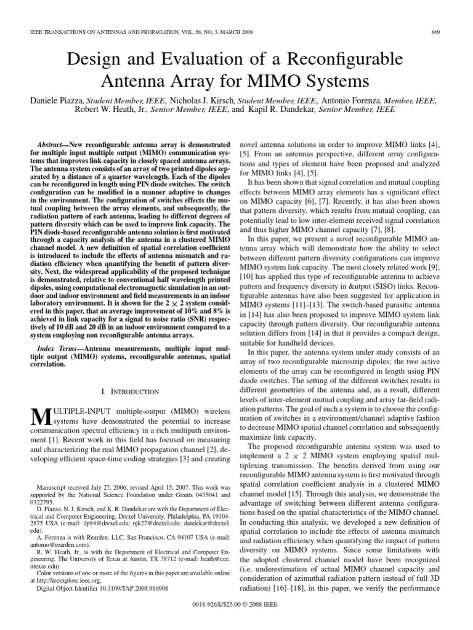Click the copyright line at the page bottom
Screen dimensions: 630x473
coord(236,611)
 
